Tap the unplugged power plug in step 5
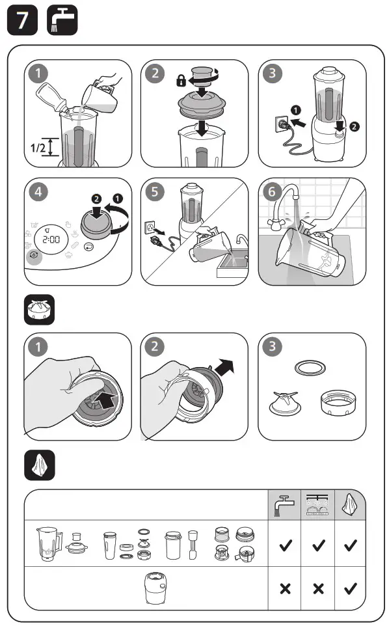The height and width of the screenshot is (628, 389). tap(157, 241)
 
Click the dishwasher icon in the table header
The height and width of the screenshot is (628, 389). tap(317, 504)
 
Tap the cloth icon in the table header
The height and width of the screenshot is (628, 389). tap(350, 504)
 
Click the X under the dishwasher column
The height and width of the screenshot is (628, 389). tap(317, 588)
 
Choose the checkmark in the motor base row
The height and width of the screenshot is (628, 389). tap(350, 588)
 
